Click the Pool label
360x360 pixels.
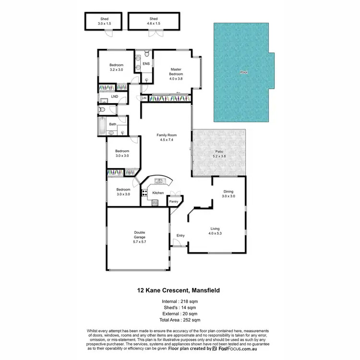(x=244, y=72)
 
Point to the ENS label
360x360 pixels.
(x=146, y=63)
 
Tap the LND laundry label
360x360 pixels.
(x=114, y=96)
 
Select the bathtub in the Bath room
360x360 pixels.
(x=101, y=127)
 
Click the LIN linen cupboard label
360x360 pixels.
(x=144, y=98)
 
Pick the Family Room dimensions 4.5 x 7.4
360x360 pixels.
(x=165, y=140)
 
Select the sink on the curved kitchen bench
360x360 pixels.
(x=158, y=180)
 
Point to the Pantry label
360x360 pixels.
(x=173, y=202)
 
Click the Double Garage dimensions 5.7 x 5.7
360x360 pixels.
(x=140, y=242)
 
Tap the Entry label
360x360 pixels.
(x=180, y=235)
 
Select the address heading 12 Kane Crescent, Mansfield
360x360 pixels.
(x=180, y=290)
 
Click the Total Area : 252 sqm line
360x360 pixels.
(x=180, y=319)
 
